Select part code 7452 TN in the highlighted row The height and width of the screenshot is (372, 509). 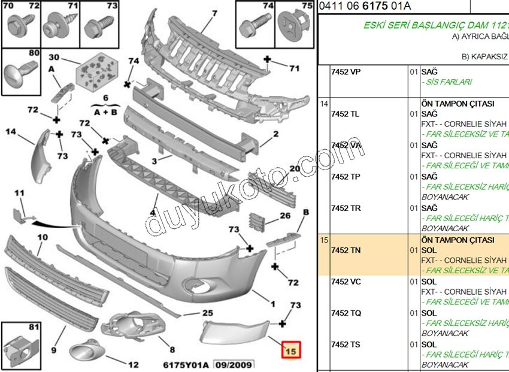point(346,250)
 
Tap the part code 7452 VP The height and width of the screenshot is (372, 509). point(346,72)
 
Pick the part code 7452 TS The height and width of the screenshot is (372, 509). point(346,344)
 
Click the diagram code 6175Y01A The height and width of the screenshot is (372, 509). point(186,364)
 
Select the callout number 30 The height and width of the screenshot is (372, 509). point(54,58)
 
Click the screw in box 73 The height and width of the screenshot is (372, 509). point(97,27)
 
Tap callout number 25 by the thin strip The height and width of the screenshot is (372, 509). point(207,313)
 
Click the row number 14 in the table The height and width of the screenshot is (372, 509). point(324,104)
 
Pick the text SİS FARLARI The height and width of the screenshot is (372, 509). point(447,82)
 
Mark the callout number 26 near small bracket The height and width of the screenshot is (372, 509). point(285,215)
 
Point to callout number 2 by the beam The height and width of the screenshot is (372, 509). point(276,134)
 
